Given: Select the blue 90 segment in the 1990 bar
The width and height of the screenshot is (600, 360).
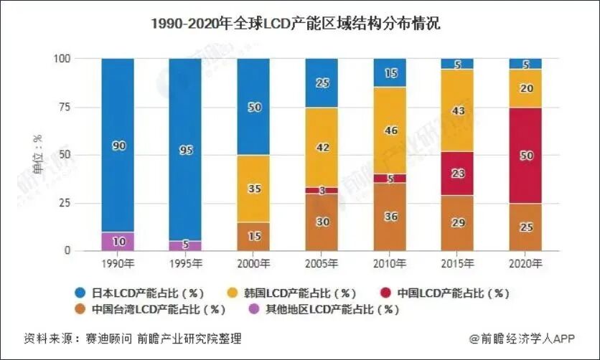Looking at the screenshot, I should [x=118, y=146].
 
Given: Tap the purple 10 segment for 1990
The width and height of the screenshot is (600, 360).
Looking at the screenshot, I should [x=118, y=242].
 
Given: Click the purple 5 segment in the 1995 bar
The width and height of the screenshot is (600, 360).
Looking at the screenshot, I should [x=185, y=246].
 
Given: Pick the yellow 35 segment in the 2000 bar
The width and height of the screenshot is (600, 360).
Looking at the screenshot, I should [x=253, y=189].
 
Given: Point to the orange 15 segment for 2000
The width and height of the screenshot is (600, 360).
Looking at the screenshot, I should [x=253, y=237].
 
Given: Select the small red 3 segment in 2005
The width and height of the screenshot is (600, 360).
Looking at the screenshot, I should [x=322, y=191].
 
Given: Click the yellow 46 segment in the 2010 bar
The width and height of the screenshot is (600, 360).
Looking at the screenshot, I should [x=390, y=131].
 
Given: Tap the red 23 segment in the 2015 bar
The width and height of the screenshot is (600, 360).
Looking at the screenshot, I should [x=457, y=173].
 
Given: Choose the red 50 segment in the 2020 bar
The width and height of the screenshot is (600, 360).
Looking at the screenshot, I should [x=525, y=156].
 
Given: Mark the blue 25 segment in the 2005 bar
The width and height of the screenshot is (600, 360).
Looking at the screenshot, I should [x=322, y=82].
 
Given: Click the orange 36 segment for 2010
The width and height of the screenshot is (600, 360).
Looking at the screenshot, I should [x=390, y=217].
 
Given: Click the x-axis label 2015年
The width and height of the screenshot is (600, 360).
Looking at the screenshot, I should [x=457, y=263].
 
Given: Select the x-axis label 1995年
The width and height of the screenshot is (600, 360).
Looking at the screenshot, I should [x=185, y=263].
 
